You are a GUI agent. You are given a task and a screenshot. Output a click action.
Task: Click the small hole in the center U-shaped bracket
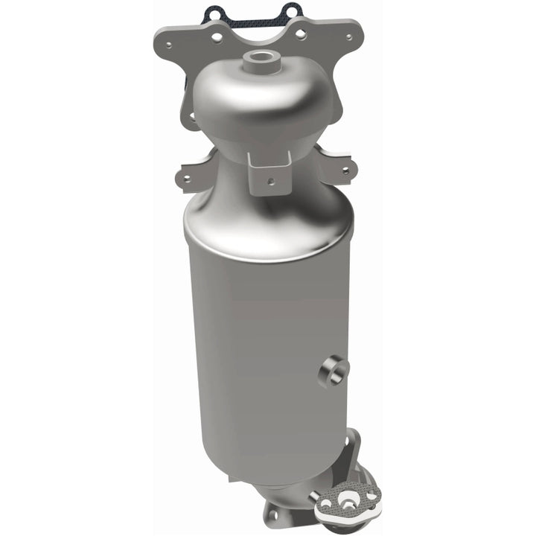pyautogui.click(x=272, y=180)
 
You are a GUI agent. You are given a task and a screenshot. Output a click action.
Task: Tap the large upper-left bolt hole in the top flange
pyautogui.click(x=217, y=35)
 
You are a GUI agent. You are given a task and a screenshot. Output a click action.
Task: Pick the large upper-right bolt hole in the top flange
pyautogui.click(x=300, y=33)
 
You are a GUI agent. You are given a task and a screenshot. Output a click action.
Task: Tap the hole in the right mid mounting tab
pyautogui.click(x=343, y=170)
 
